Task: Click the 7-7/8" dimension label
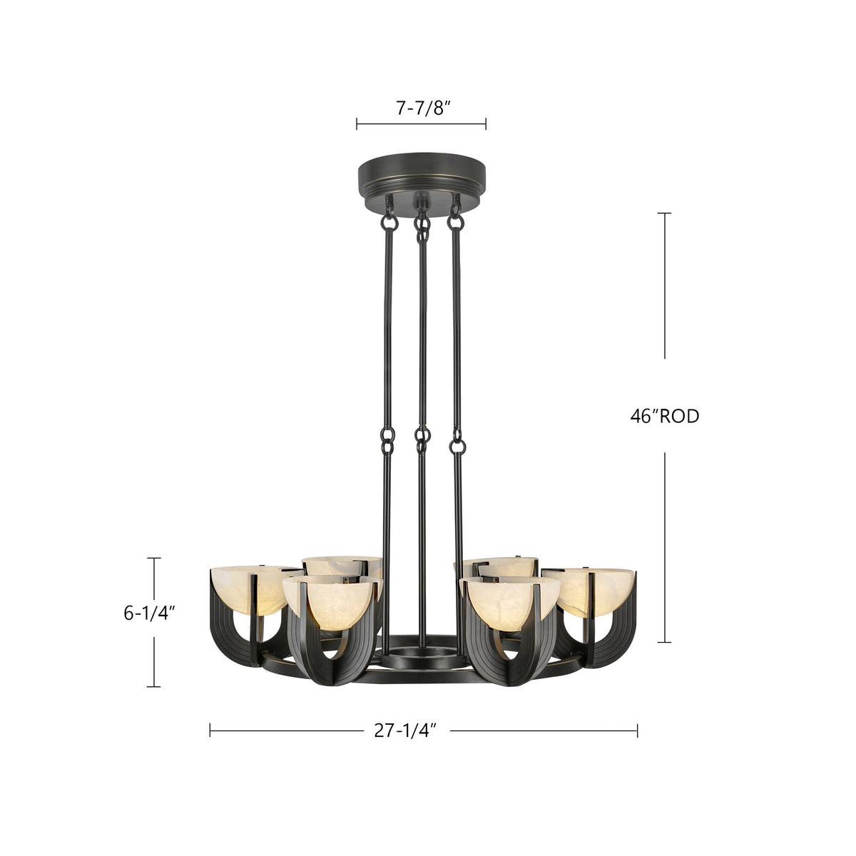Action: [x=421, y=108]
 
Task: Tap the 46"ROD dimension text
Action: [x=664, y=417]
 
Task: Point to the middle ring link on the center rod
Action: [x=423, y=439]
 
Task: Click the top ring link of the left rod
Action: [x=389, y=221]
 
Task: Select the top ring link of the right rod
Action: [x=454, y=221]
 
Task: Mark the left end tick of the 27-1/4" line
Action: [x=210, y=730]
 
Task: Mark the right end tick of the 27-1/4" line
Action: [x=637, y=730]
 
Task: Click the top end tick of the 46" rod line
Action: [x=665, y=213]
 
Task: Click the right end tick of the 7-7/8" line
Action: [x=486, y=125]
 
